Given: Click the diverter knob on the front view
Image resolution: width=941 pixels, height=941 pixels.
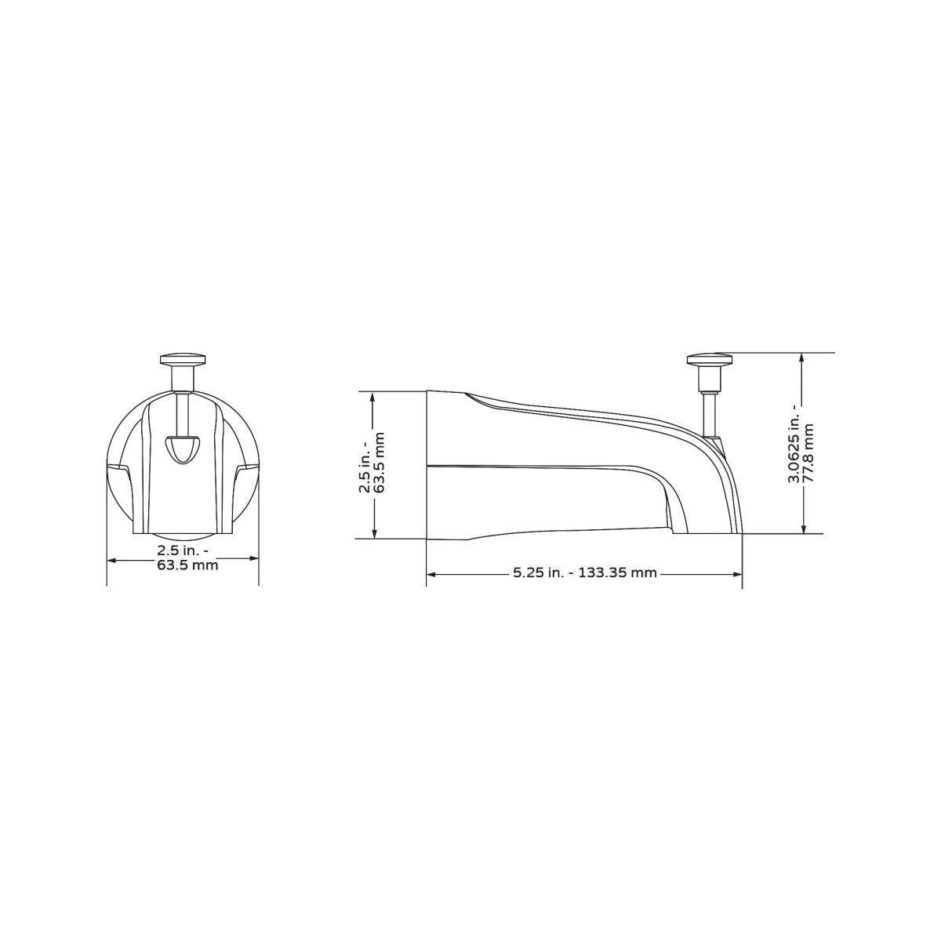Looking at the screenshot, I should point(182,360).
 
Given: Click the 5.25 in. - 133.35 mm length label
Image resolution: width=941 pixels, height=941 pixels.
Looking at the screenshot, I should point(584,573).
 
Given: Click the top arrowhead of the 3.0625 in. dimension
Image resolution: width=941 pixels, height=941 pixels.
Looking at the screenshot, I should point(801,357).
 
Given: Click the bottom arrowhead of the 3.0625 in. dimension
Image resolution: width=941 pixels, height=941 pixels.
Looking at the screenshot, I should point(801,529).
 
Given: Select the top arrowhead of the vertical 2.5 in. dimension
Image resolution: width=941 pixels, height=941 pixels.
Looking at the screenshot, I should point(376,396).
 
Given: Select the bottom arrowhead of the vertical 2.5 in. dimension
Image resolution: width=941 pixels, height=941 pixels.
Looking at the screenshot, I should point(376,535).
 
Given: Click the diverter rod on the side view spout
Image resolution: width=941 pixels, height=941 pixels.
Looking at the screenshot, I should point(710,412).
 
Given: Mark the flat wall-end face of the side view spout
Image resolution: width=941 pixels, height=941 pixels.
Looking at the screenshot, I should point(427,464).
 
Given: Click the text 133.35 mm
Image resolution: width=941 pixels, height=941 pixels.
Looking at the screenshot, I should point(618,573).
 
